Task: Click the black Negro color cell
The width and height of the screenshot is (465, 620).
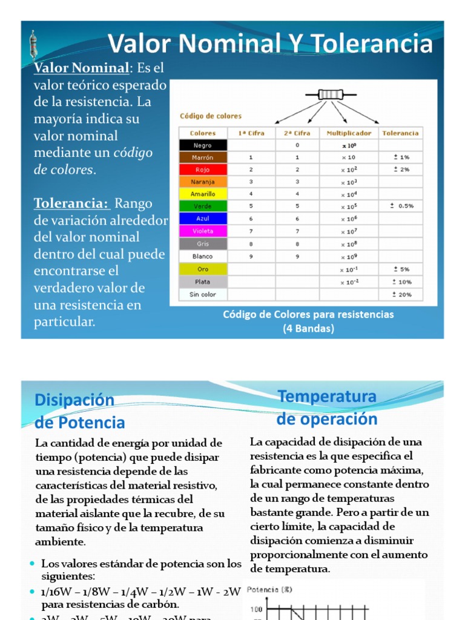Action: point(203,145)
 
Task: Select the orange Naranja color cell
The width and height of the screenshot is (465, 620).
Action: point(203,182)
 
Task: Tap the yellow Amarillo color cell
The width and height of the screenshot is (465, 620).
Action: point(203,194)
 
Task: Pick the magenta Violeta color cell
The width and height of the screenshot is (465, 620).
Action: point(203,231)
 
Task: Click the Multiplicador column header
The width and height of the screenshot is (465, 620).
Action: point(349,133)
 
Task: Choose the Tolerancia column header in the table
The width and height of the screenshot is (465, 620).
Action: point(400,133)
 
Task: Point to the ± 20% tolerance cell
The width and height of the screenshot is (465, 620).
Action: point(402,294)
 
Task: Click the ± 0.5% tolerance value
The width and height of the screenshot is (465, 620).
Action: point(402,206)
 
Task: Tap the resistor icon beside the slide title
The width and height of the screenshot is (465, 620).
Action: point(33,45)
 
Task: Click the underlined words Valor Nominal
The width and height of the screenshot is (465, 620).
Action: point(81,68)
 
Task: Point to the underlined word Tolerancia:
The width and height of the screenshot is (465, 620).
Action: point(71,203)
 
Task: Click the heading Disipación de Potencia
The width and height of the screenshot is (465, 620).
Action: point(79,411)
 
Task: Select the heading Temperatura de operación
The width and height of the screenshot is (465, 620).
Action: point(327,407)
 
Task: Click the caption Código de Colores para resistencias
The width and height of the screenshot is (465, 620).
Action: point(308,314)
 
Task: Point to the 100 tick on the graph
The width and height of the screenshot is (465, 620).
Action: point(256,609)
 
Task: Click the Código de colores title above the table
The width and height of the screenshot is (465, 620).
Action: point(210,116)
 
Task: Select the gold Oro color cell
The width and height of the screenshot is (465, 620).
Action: point(203,269)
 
